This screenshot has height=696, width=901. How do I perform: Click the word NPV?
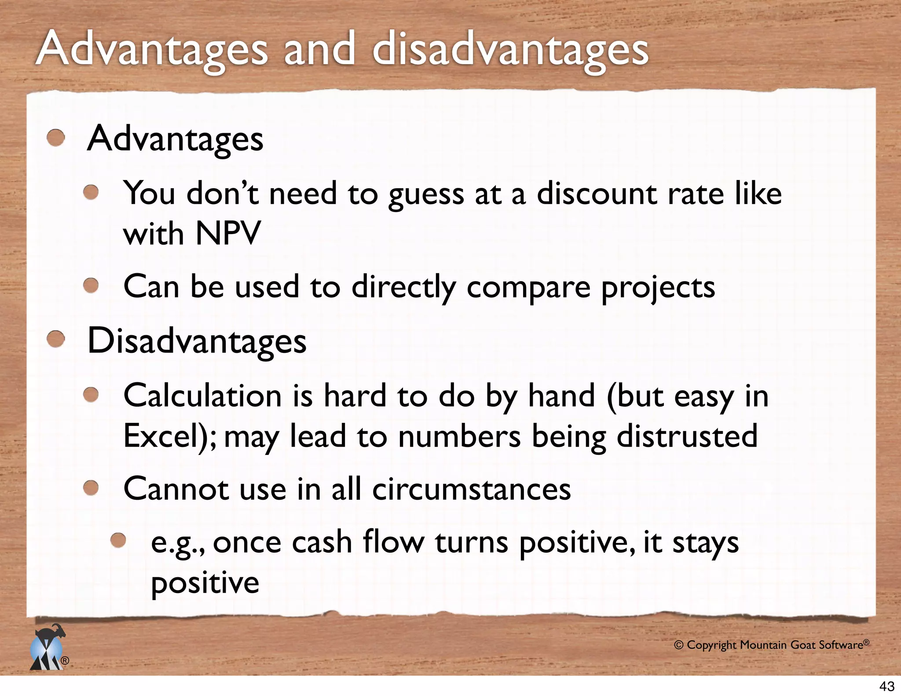pos(228,234)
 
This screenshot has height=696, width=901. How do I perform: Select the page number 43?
pos(887,686)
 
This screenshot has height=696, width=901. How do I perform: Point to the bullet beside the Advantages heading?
pos(56,138)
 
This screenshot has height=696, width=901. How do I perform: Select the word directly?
pos(403,287)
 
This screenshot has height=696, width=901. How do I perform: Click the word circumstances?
pos(471,489)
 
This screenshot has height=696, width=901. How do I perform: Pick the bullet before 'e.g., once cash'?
pos(118,540)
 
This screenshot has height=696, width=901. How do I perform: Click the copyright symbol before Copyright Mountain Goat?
pos(679,645)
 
